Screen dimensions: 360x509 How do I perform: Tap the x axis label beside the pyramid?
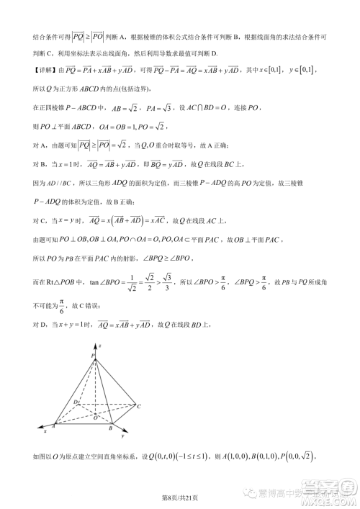(x=45, y=431)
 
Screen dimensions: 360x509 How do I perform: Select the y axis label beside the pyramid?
(x=123, y=436)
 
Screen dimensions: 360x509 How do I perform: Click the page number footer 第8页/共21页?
(x=179, y=497)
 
